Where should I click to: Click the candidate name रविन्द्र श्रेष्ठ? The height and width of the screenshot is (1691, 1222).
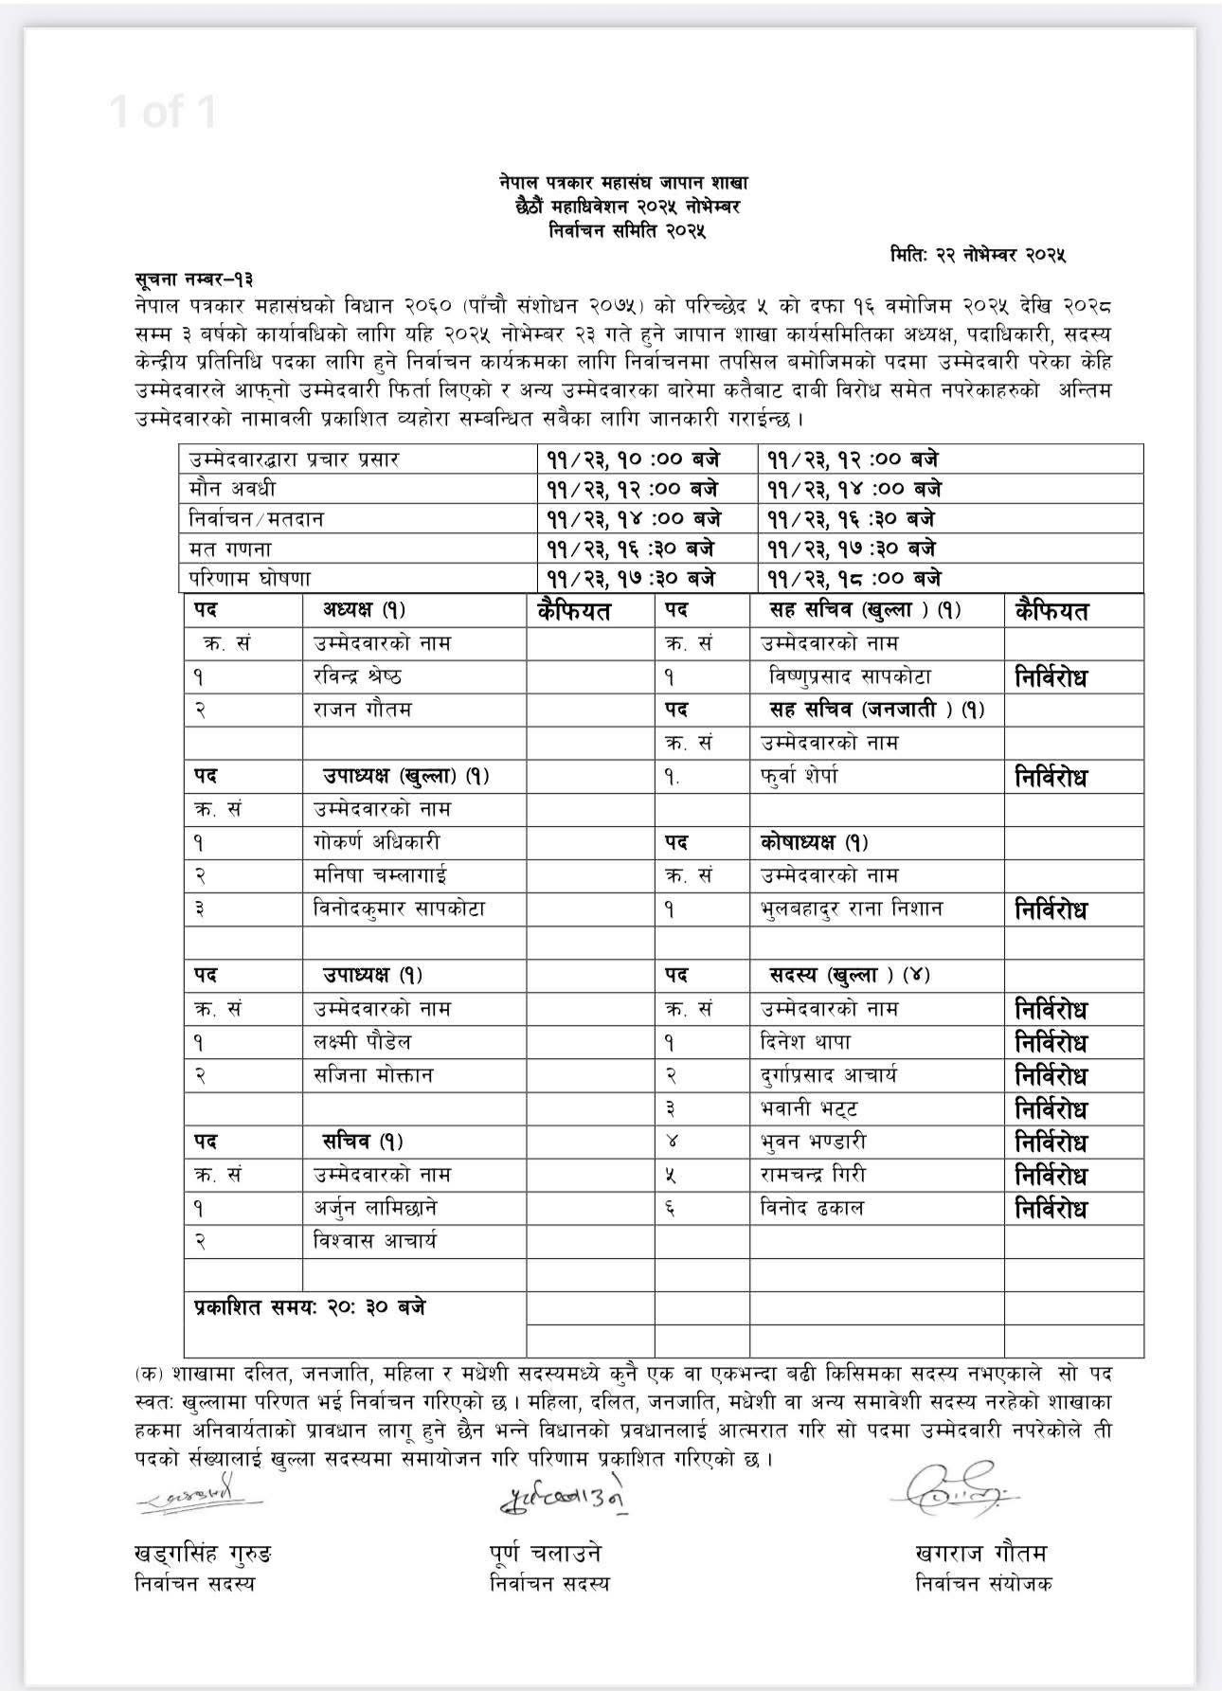[x=357, y=676]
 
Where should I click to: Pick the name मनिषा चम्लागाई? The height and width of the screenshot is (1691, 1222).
[x=380, y=875]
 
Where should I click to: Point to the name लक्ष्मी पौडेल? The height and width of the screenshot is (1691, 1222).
[x=363, y=1042]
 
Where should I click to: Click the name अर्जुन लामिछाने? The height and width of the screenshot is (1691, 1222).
[x=375, y=1208]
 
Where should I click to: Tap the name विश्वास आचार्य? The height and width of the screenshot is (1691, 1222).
[x=375, y=1241]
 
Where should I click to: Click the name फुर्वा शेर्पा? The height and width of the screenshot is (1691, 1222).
[x=800, y=776]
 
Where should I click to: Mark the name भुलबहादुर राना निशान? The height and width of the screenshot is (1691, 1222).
[x=852, y=908]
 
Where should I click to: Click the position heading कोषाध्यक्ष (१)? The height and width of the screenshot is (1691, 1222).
[x=814, y=842]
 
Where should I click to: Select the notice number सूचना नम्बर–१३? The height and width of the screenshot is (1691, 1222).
[x=193, y=279]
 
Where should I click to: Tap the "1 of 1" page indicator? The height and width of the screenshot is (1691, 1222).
[x=163, y=112]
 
